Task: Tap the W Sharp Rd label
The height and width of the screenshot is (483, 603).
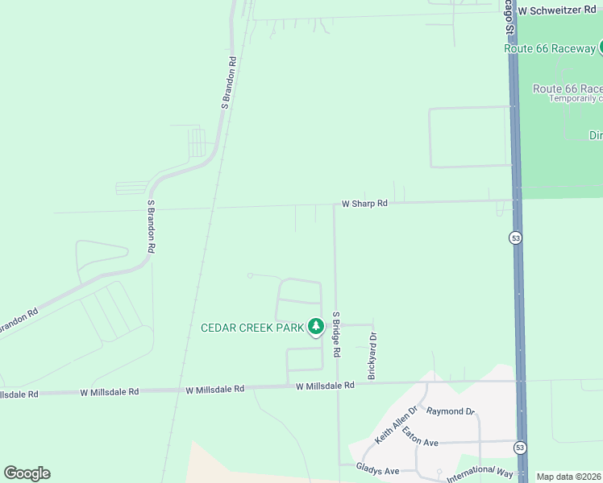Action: pyautogui.click(x=364, y=204)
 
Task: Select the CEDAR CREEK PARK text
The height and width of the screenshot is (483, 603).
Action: pyautogui.click(x=252, y=327)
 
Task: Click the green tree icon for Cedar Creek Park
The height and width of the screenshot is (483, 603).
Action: pyautogui.click(x=316, y=327)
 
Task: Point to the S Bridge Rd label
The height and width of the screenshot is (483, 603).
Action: pyautogui.click(x=337, y=335)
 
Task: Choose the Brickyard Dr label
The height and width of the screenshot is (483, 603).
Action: pyautogui.click(x=372, y=357)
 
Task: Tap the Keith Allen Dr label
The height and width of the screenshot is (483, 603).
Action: pyautogui.click(x=396, y=425)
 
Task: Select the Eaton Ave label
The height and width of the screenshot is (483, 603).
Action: pyautogui.click(x=420, y=443)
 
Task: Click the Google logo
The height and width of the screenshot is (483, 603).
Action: pyautogui.click(x=27, y=473)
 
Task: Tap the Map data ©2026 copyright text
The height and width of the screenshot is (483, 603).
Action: pyautogui.click(x=568, y=477)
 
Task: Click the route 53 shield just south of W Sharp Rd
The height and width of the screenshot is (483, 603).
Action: pyautogui.click(x=514, y=237)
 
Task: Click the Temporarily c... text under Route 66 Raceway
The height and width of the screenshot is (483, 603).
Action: pyautogui.click(x=576, y=98)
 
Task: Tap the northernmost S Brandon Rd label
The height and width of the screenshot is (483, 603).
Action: pyautogui.click(x=229, y=82)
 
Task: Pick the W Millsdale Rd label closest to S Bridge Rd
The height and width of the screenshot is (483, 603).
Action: pyautogui.click(x=325, y=386)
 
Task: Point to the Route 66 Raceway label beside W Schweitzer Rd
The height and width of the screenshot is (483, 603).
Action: pyautogui.click(x=550, y=48)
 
